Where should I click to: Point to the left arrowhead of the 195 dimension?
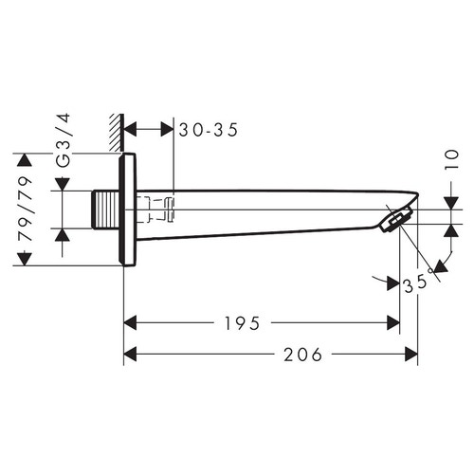point(132,323)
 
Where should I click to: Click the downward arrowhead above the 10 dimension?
point(451,203)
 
